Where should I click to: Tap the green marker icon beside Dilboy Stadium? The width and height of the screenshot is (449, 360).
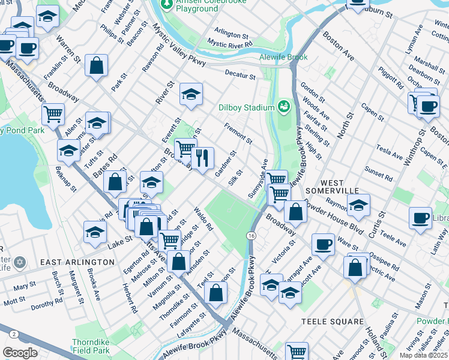point(283,107)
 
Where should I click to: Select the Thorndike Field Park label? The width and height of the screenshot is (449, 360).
point(91,346)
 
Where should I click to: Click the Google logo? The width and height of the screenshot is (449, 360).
point(20,353)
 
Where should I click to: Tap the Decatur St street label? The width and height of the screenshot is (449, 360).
point(240,76)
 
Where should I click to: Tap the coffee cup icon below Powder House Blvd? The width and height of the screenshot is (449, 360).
point(323,244)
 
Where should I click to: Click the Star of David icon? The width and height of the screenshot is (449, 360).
point(20,263)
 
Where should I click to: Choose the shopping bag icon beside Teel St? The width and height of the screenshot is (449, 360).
point(215,293)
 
